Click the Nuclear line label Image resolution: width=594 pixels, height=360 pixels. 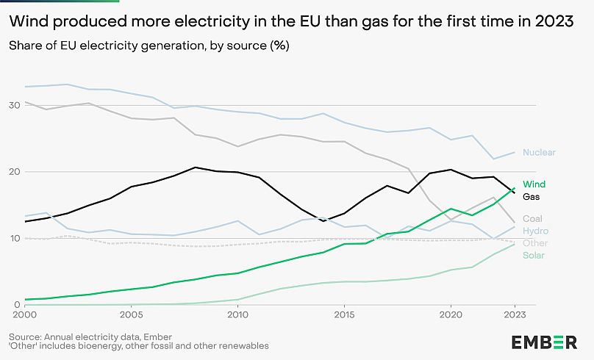[x=539, y=153]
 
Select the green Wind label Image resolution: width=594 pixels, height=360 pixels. [x=534, y=184]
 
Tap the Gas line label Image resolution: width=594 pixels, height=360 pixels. [x=532, y=196]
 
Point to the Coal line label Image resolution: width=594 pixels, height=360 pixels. [x=533, y=219]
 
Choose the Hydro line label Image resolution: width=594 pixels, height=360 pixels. [x=535, y=231]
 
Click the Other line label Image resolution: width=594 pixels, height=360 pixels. [x=534, y=243]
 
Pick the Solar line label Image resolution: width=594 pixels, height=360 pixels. [x=534, y=255]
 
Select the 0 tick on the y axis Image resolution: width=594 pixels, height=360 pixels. [x=16, y=305]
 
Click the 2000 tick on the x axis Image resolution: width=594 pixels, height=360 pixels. [x=25, y=315]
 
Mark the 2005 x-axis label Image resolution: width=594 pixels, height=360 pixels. [x=131, y=315]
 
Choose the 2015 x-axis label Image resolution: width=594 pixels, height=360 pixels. [x=343, y=315]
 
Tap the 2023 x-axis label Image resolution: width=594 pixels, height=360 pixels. [x=514, y=315]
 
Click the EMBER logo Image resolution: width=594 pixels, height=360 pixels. [x=543, y=342]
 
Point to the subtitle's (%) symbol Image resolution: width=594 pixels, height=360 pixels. [x=279, y=46]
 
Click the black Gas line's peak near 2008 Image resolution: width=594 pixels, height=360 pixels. [x=196, y=168]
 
